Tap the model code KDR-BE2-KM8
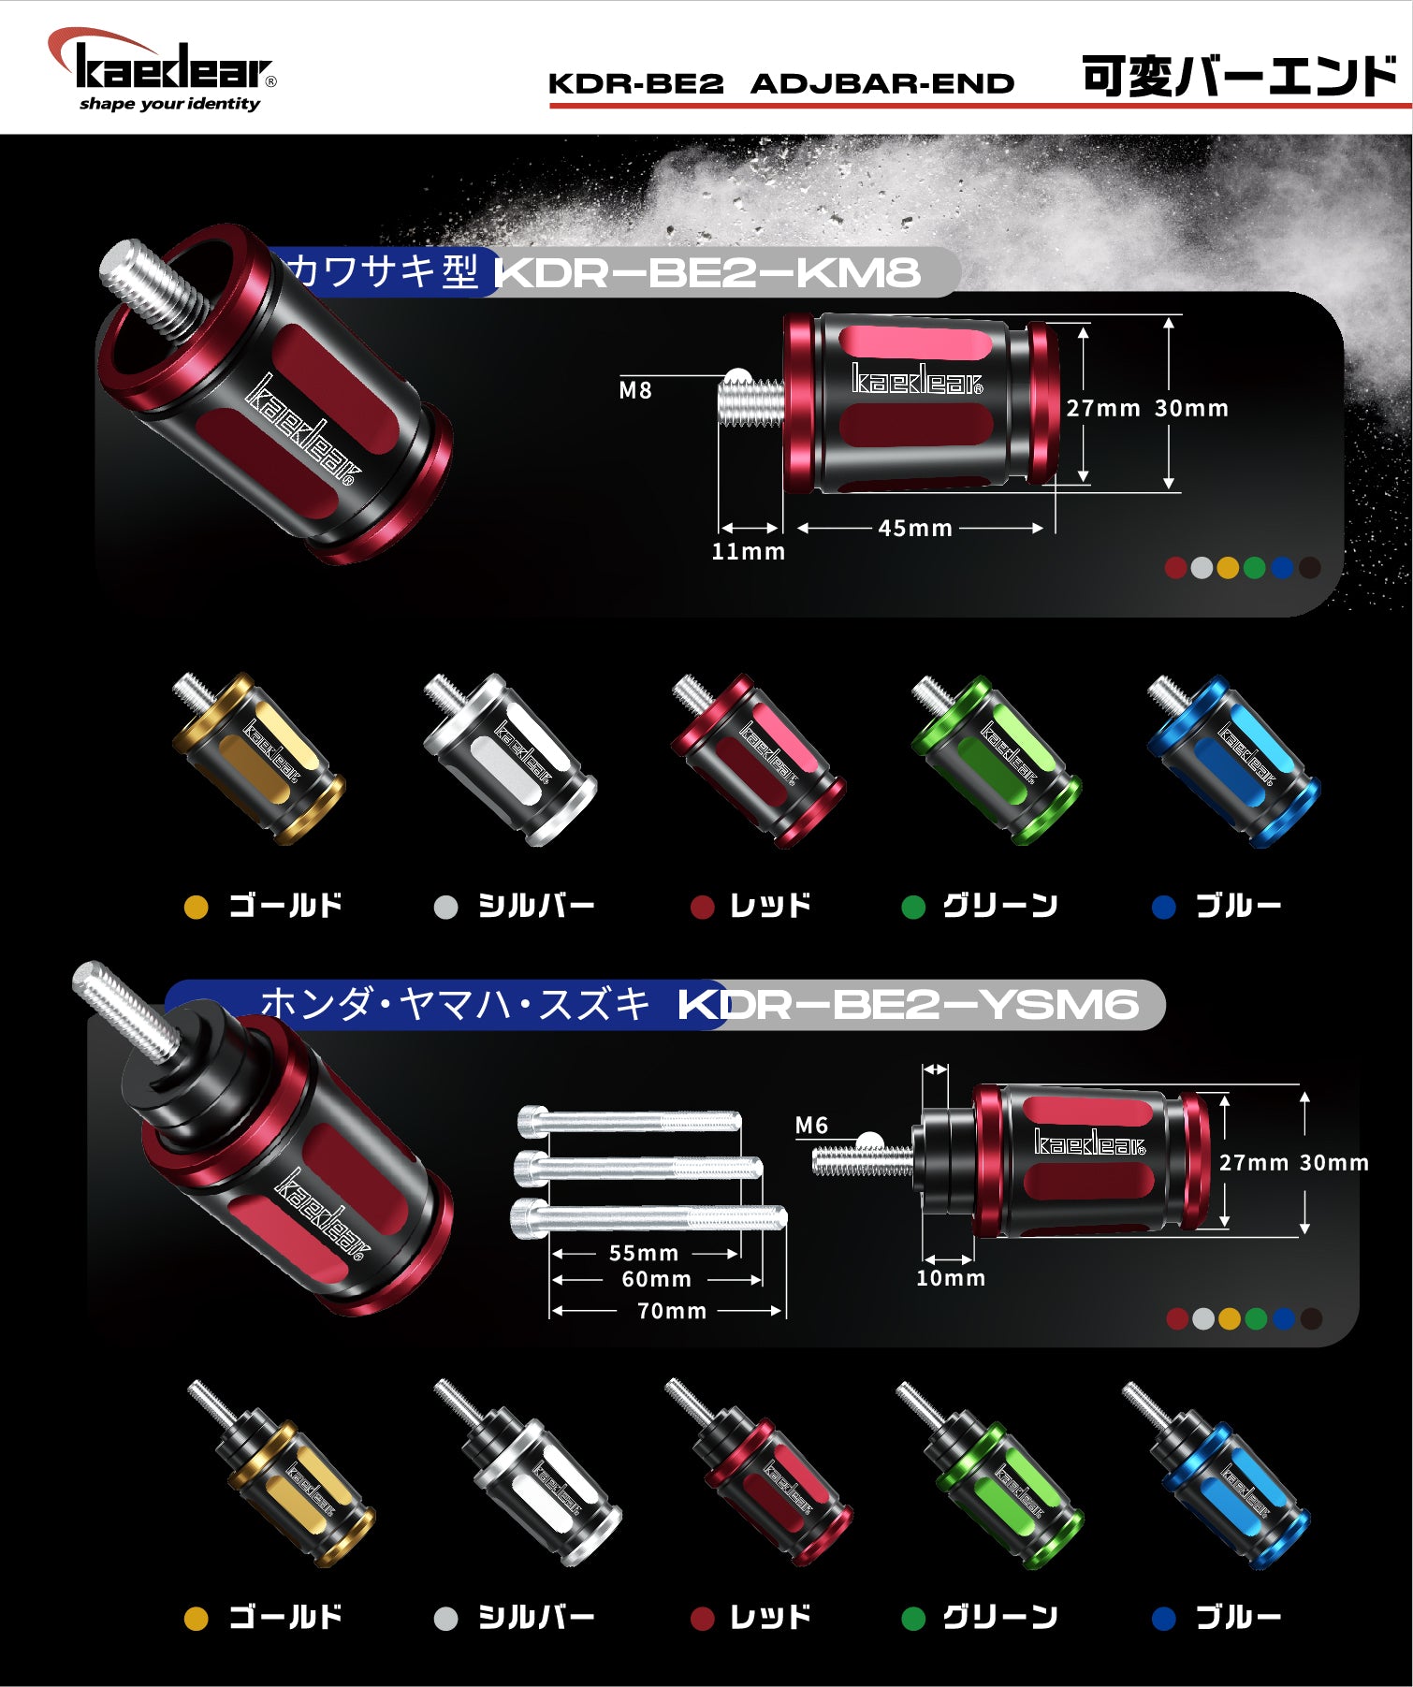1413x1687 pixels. [x=707, y=272]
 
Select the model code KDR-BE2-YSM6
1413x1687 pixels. [x=908, y=1005]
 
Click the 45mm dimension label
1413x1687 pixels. [x=915, y=529]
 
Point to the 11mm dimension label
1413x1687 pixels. [x=748, y=552]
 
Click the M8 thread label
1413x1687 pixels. [x=635, y=391]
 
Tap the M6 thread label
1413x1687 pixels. [x=811, y=1126]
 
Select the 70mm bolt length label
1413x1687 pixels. [x=671, y=1312]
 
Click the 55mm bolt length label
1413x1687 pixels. [x=643, y=1254]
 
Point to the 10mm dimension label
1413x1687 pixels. [x=950, y=1278]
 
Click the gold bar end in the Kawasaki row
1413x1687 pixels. [x=258, y=759]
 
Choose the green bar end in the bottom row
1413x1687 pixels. [x=990, y=1475]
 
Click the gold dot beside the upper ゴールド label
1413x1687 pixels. [x=196, y=908]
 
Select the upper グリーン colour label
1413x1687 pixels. [x=999, y=906]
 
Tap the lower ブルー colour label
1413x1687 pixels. [x=1238, y=1617]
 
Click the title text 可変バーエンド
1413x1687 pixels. [x=1239, y=76]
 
